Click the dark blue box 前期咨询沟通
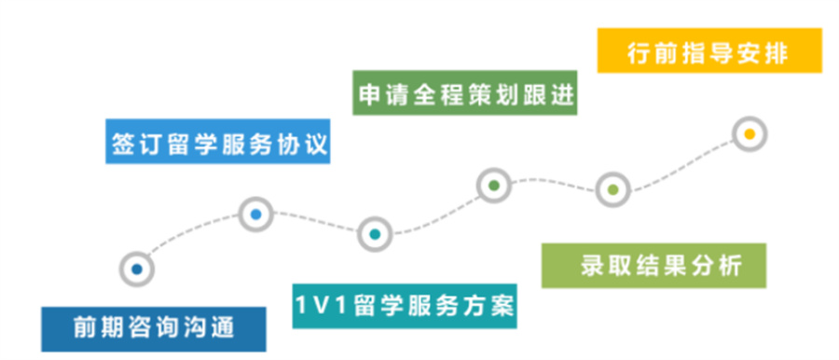154,328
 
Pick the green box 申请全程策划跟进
465,93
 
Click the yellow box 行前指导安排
709,52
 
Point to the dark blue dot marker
136,269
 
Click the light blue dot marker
255,215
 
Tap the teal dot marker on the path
374,233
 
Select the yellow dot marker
749,133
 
